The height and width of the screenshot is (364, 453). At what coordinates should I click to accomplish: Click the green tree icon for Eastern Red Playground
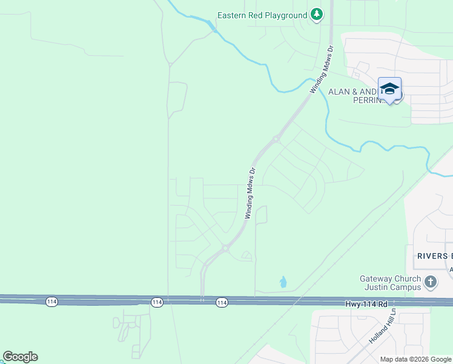[x=316, y=14]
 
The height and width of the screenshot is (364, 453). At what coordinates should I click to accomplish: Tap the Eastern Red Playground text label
[x=263, y=15]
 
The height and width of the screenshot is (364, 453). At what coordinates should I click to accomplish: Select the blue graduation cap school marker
[x=389, y=89]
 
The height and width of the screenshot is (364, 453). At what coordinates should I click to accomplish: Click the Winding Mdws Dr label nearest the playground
[x=322, y=69]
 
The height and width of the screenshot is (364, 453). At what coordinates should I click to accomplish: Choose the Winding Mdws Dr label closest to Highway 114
[x=251, y=193]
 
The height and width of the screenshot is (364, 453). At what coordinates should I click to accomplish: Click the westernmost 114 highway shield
[x=51, y=302]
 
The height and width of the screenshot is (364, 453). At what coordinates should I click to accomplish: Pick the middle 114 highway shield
[x=157, y=302]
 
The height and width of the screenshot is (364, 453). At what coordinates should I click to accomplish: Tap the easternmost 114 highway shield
[x=221, y=302]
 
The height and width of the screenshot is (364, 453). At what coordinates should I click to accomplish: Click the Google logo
[x=20, y=357]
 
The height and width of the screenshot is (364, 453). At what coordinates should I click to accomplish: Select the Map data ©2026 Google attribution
[x=416, y=359]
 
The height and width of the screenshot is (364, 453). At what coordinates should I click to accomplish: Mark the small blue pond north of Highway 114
[x=283, y=281]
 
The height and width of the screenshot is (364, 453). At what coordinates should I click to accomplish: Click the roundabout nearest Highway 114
[x=225, y=248]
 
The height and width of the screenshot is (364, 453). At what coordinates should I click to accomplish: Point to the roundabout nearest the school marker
[x=276, y=139]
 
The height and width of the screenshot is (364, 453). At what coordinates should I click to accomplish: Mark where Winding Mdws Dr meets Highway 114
[x=202, y=300]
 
